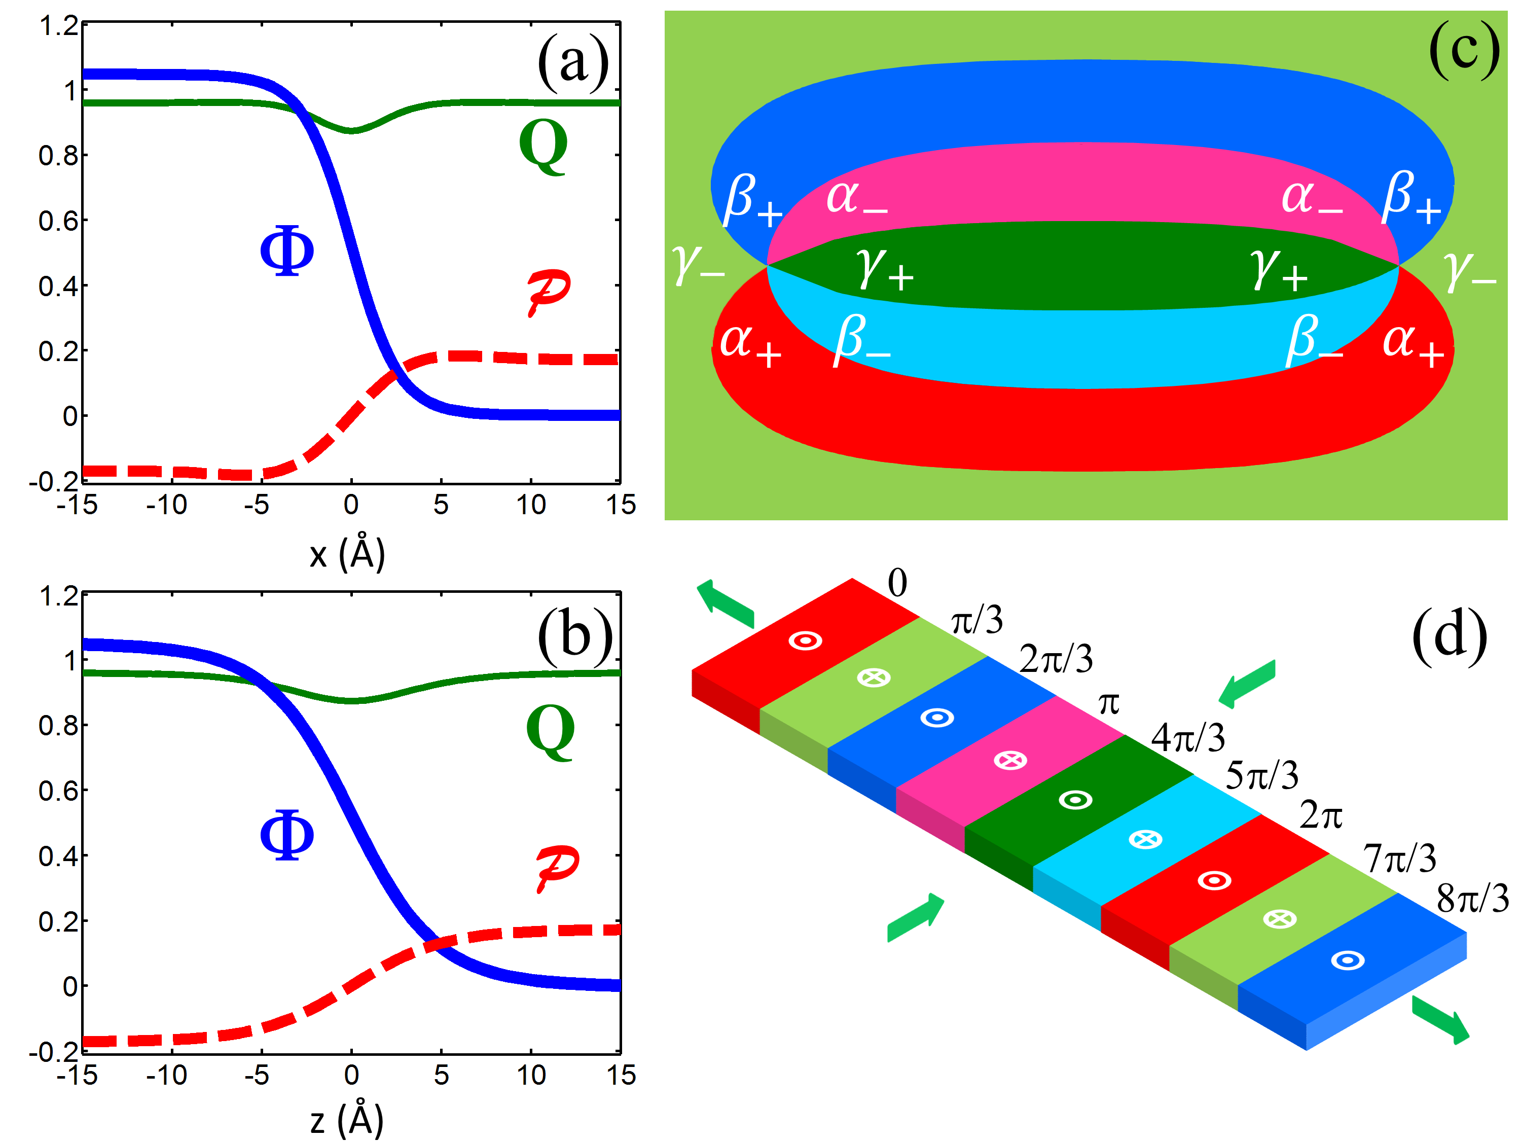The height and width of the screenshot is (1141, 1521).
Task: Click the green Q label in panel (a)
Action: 543,146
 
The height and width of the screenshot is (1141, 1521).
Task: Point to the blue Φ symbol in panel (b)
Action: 287,834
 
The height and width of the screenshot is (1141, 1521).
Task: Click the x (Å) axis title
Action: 347,554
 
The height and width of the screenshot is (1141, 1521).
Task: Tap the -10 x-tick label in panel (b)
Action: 166,1074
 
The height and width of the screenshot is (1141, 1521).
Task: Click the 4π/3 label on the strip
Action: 1188,738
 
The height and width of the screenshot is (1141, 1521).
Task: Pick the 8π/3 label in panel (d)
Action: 1472,898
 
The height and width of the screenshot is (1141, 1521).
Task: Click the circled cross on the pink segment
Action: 1010,760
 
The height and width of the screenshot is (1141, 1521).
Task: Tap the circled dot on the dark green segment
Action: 1075,800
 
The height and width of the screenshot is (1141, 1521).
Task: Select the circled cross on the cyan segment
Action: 1145,839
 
